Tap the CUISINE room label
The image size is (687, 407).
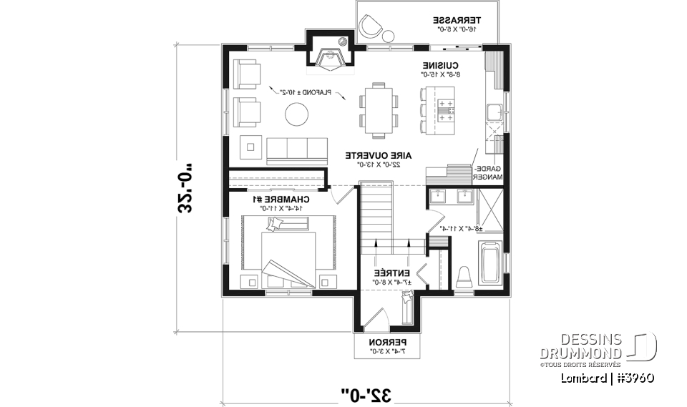[440, 64]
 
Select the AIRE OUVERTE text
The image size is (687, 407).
[371, 155]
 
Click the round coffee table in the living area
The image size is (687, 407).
[295, 113]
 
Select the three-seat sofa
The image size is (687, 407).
[293, 150]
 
